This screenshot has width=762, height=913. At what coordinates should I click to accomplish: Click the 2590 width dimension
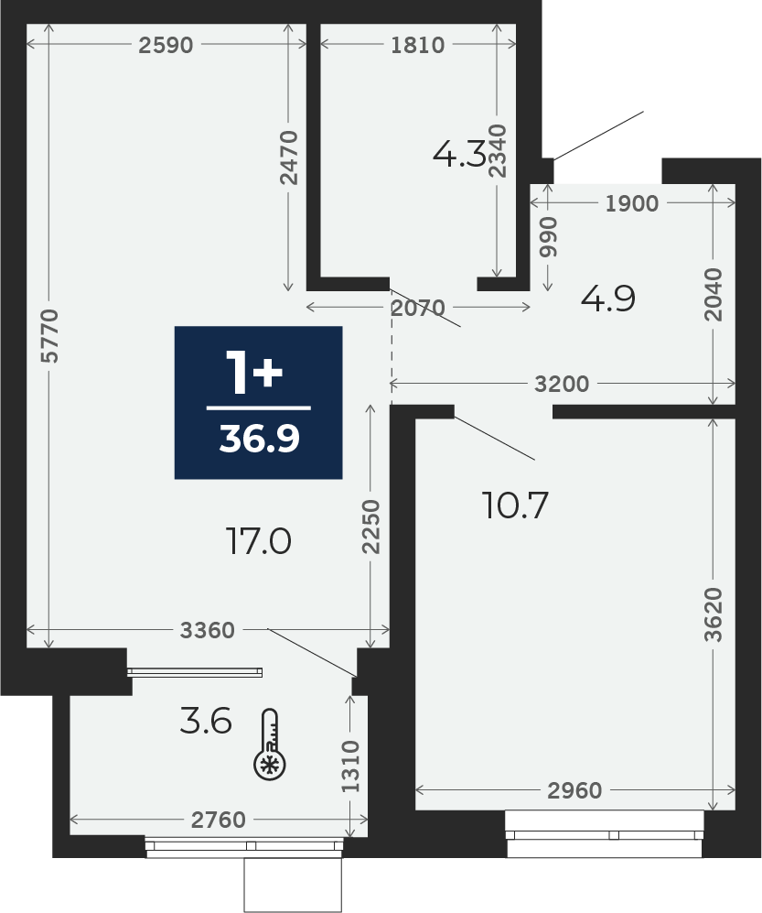tap(166, 45)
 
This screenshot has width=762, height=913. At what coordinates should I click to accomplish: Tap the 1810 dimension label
tap(418, 45)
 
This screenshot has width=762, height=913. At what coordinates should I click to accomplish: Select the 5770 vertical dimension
tap(50, 336)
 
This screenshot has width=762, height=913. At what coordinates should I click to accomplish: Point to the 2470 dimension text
tap(288, 158)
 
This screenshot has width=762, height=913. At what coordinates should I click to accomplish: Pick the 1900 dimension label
tap(632, 203)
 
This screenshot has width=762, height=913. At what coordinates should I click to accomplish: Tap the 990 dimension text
tap(548, 237)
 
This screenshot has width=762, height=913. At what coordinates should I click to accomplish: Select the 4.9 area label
tap(608, 299)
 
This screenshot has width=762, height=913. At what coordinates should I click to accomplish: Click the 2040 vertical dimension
tap(714, 295)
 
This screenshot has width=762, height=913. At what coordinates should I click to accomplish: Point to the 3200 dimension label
tap(562, 384)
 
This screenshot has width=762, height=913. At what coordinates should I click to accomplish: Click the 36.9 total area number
tap(259, 439)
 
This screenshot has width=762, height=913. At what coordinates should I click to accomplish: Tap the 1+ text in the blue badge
tap(254, 374)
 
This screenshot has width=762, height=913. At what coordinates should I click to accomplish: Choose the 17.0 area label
tap(258, 542)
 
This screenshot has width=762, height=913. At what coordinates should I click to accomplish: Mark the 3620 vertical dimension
tap(714, 614)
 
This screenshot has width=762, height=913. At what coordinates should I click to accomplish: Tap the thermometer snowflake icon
tap(270, 745)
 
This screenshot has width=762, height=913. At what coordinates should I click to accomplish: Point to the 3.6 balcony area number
tap(207, 721)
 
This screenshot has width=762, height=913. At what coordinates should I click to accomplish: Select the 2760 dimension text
tap(219, 820)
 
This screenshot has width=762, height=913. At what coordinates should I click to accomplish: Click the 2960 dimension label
tap(574, 790)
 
